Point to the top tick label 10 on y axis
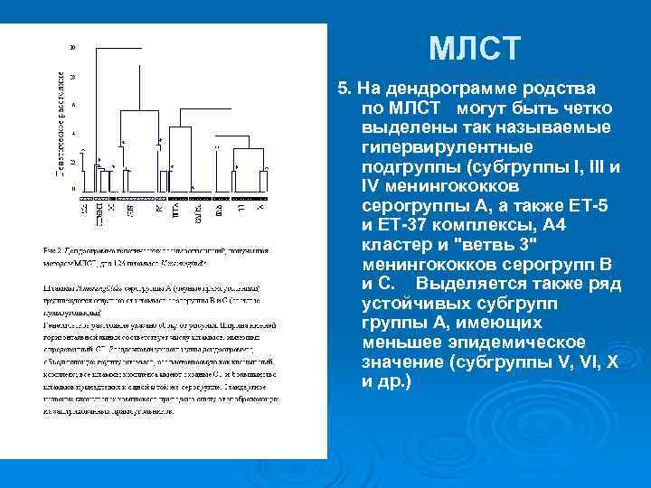72,47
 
